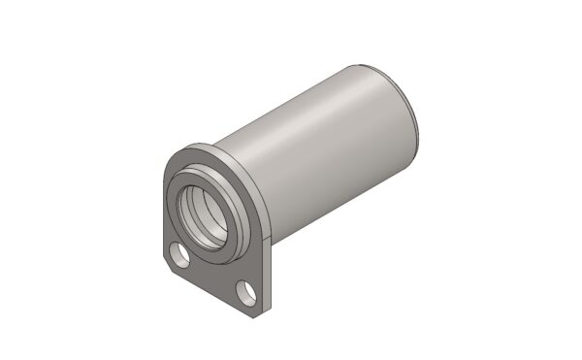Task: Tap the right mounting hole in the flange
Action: (243, 290)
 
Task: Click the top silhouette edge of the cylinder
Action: (291, 97)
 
